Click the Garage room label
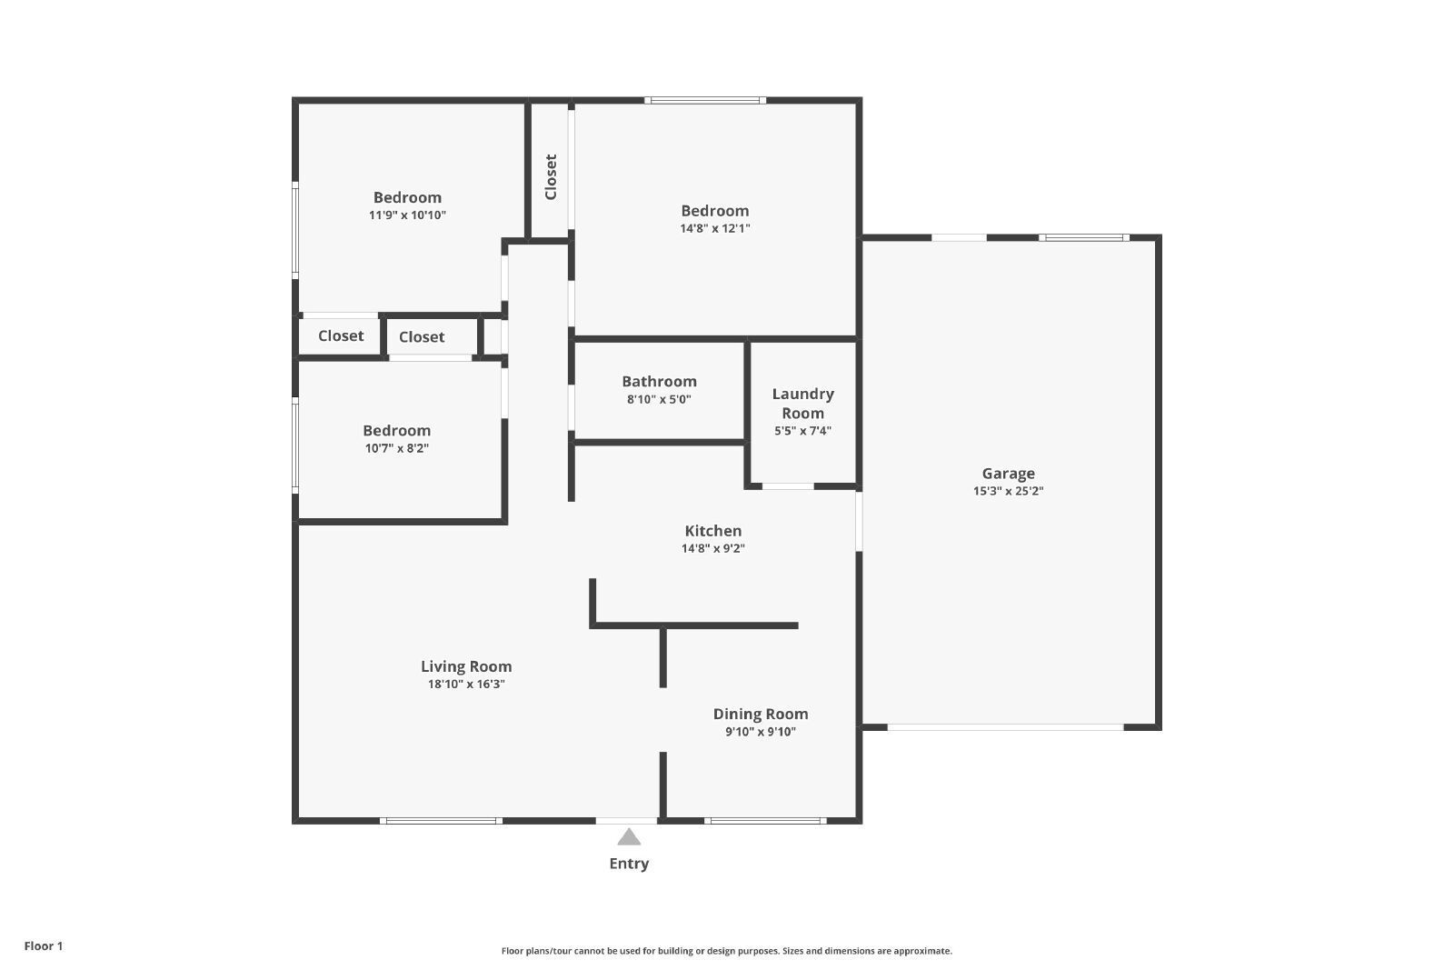pos(1008,474)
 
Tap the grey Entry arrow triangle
pos(628,837)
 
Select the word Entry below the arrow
pos(628,864)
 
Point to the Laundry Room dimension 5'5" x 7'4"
pos(802,431)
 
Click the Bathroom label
pos(659,381)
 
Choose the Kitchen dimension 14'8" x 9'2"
pos(712,548)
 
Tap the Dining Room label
pos(760,714)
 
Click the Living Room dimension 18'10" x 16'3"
pos(466,684)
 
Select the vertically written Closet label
pos(551,176)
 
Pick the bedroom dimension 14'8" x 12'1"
pos(714,228)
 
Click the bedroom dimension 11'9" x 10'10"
pos(407,215)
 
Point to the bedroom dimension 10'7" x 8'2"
pos(396,448)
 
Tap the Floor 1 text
pos(44,946)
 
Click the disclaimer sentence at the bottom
pos(726,951)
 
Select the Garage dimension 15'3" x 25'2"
pos(1008,491)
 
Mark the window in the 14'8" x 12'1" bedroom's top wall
pos(705,100)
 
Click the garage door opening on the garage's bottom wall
pos(1005,727)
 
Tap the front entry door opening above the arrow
pos(626,821)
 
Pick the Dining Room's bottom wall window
pos(765,821)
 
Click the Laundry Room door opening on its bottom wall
pos(787,486)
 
